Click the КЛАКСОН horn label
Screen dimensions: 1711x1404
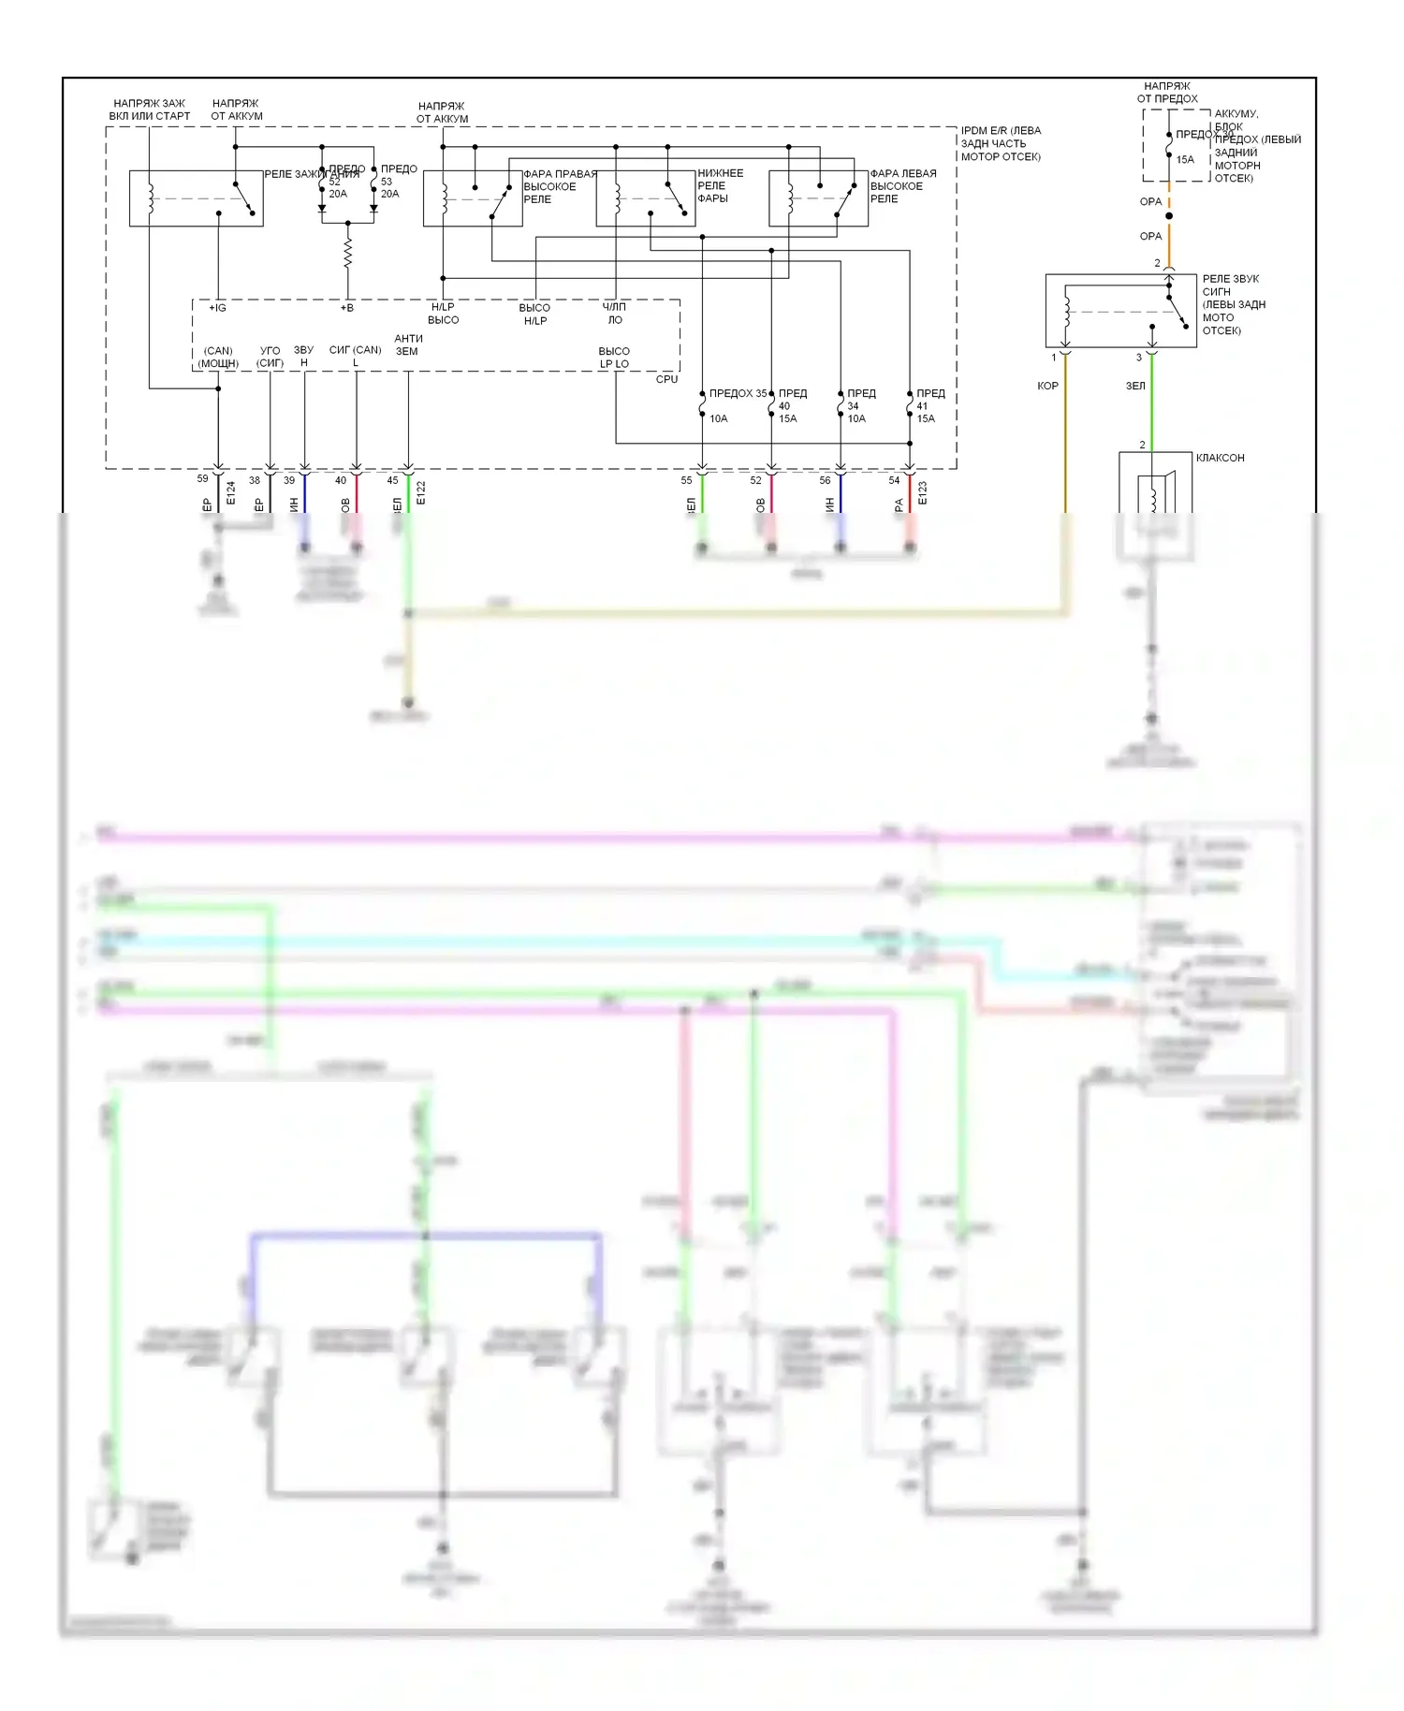pyautogui.click(x=1220, y=458)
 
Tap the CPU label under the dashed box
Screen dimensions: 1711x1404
pyautogui.click(x=666, y=379)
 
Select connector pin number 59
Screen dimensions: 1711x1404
pyautogui.click(x=202, y=478)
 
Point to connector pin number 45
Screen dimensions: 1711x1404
pyautogui.click(x=392, y=480)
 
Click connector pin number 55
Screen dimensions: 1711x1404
pyautogui.click(x=686, y=480)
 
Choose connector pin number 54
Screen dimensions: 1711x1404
pyautogui.click(x=894, y=480)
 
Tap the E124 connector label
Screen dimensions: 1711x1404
pyautogui.click(x=231, y=493)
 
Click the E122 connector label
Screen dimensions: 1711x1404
pyautogui.click(x=421, y=493)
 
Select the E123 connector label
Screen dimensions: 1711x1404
pyautogui.click(x=923, y=493)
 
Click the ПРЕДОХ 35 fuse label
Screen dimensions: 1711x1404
pyautogui.click(x=738, y=393)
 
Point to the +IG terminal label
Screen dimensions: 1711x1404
pyautogui.click(x=217, y=307)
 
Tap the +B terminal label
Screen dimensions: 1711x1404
pyautogui.click(x=347, y=307)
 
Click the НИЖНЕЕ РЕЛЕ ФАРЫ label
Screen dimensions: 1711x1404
pyautogui.click(x=720, y=185)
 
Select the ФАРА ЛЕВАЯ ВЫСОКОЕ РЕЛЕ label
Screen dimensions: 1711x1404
pyautogui.click(x=902, y=185)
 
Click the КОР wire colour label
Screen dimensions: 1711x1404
pyautogui.click(x=1047, y=386)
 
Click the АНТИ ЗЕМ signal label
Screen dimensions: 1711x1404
pyautogui.click(x=408, y=344)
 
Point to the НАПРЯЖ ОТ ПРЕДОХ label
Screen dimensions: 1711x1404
pyautogui.click(x=1166, y=92)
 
